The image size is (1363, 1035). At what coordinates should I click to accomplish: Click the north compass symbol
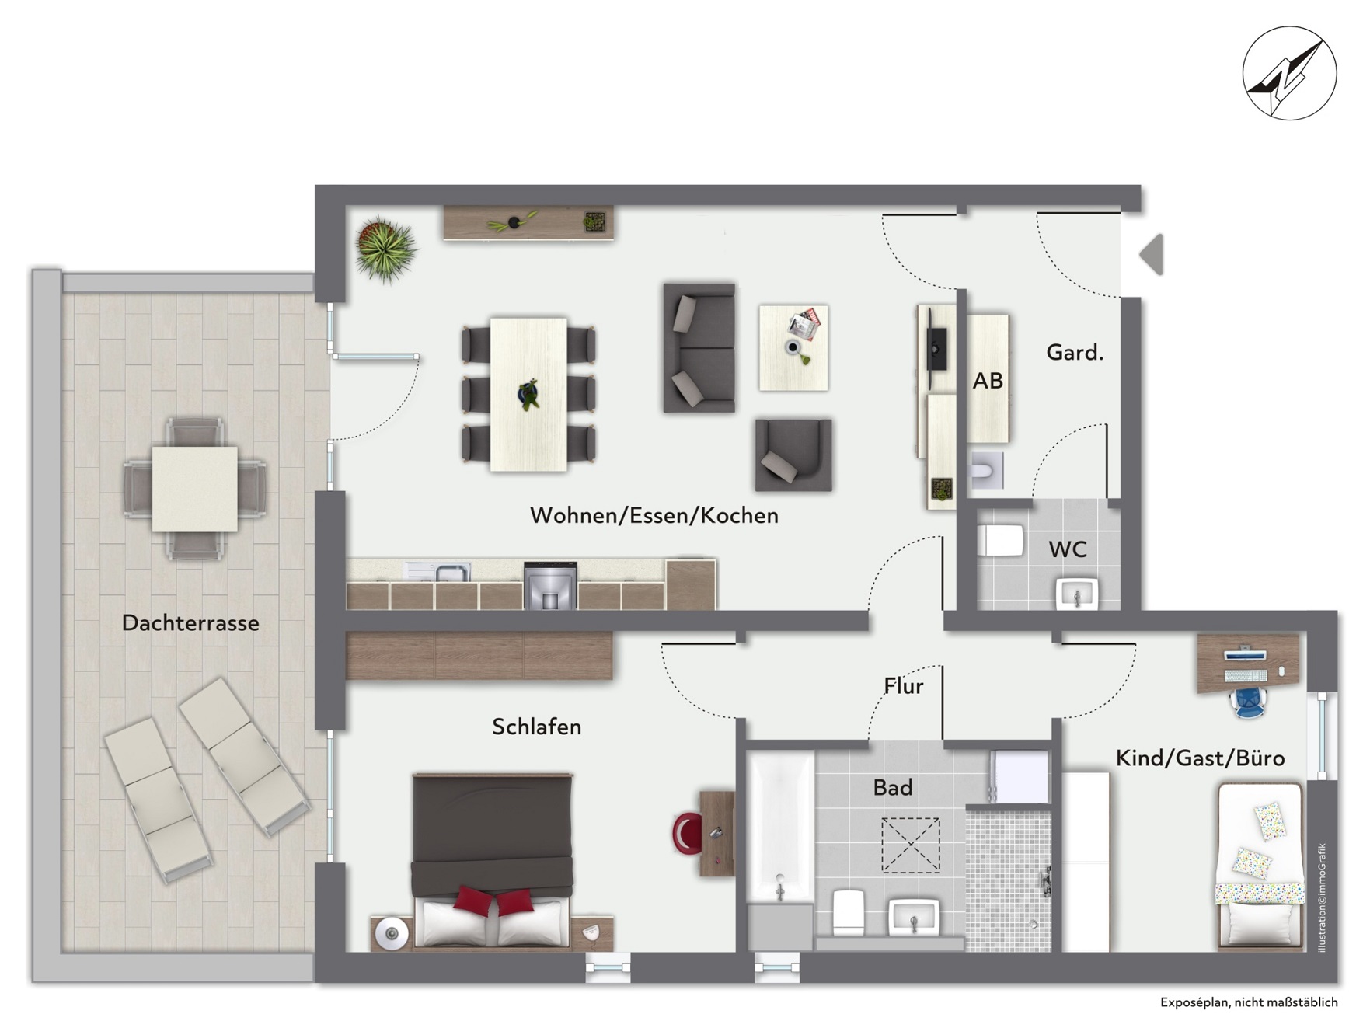1289,73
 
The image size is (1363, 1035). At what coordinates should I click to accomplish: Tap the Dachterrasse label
190,622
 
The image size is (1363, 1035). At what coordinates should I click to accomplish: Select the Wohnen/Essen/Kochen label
654,515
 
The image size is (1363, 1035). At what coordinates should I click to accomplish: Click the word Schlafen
536,727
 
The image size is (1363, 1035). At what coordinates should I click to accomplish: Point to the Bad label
892,787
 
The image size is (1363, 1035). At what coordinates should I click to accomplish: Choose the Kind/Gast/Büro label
1200,758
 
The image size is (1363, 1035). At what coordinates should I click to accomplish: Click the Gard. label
1075,353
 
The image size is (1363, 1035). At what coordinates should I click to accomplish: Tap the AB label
988,381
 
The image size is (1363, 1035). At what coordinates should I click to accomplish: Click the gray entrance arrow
1152,254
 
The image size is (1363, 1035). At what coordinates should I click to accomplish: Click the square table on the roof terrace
194,489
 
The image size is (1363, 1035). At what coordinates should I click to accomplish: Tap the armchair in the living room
793,455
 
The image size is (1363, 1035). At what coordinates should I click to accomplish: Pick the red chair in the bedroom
687,834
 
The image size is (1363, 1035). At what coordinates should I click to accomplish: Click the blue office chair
1248,701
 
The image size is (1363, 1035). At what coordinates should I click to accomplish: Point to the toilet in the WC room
1000,540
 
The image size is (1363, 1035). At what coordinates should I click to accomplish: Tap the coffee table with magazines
793,347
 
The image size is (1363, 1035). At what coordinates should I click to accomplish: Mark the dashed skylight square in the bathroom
910,845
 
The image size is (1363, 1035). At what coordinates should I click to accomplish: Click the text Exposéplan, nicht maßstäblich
1249,1002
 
